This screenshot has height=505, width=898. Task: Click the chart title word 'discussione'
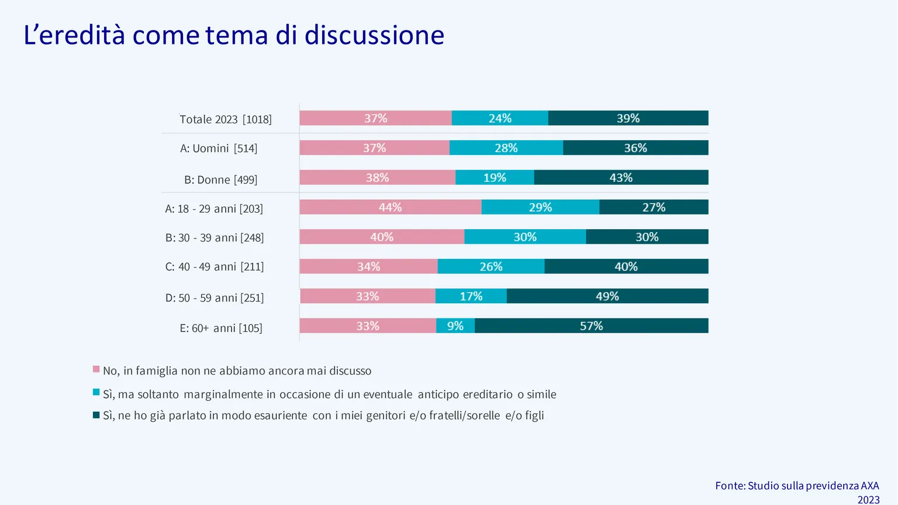point(374,35)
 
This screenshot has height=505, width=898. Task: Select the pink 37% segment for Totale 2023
point(376,118)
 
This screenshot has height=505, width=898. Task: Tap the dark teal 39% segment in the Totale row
point(628,118)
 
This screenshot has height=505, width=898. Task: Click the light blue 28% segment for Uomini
point(506,148)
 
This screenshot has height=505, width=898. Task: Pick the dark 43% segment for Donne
point(621,178)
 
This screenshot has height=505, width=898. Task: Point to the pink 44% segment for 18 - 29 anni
point(391,207)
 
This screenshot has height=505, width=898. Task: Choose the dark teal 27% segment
point(654,207)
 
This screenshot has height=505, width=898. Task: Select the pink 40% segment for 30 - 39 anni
point(382,237)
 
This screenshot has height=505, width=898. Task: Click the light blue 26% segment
point(491,267)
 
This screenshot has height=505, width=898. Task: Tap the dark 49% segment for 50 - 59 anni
point(607,296)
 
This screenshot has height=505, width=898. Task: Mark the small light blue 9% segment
point(455,326)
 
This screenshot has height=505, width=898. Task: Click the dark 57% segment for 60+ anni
point(592,326)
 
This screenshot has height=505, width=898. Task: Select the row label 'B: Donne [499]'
point(221,179)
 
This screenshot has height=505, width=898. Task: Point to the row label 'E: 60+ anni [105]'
point(221,328)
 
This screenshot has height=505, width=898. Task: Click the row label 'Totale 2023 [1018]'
point(226,119)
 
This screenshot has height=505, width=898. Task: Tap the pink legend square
point(96,369)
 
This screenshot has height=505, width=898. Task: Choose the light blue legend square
point(96,392)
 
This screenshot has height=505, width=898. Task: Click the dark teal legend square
point(96,415)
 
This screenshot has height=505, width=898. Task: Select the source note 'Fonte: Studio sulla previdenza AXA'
point(797,486)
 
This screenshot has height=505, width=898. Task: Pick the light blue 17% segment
point(471,296)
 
